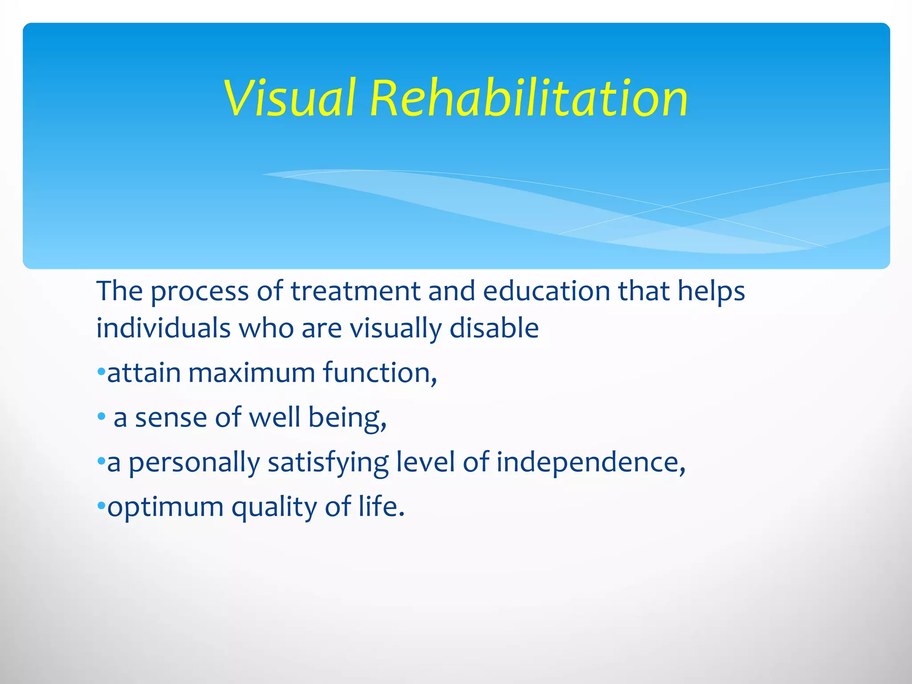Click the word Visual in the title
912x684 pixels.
pos(290,98)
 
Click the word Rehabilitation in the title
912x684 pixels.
pos(529,98)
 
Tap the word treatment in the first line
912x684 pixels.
pos(355,292)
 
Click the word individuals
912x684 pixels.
pos(163,329)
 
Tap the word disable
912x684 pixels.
pos(494,329)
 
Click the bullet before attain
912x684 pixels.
pos(101,371)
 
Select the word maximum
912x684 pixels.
pos(252,373)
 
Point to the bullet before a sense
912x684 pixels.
pos(102,417)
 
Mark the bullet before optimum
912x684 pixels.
pos(101,506)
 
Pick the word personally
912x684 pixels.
pos(194,464)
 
